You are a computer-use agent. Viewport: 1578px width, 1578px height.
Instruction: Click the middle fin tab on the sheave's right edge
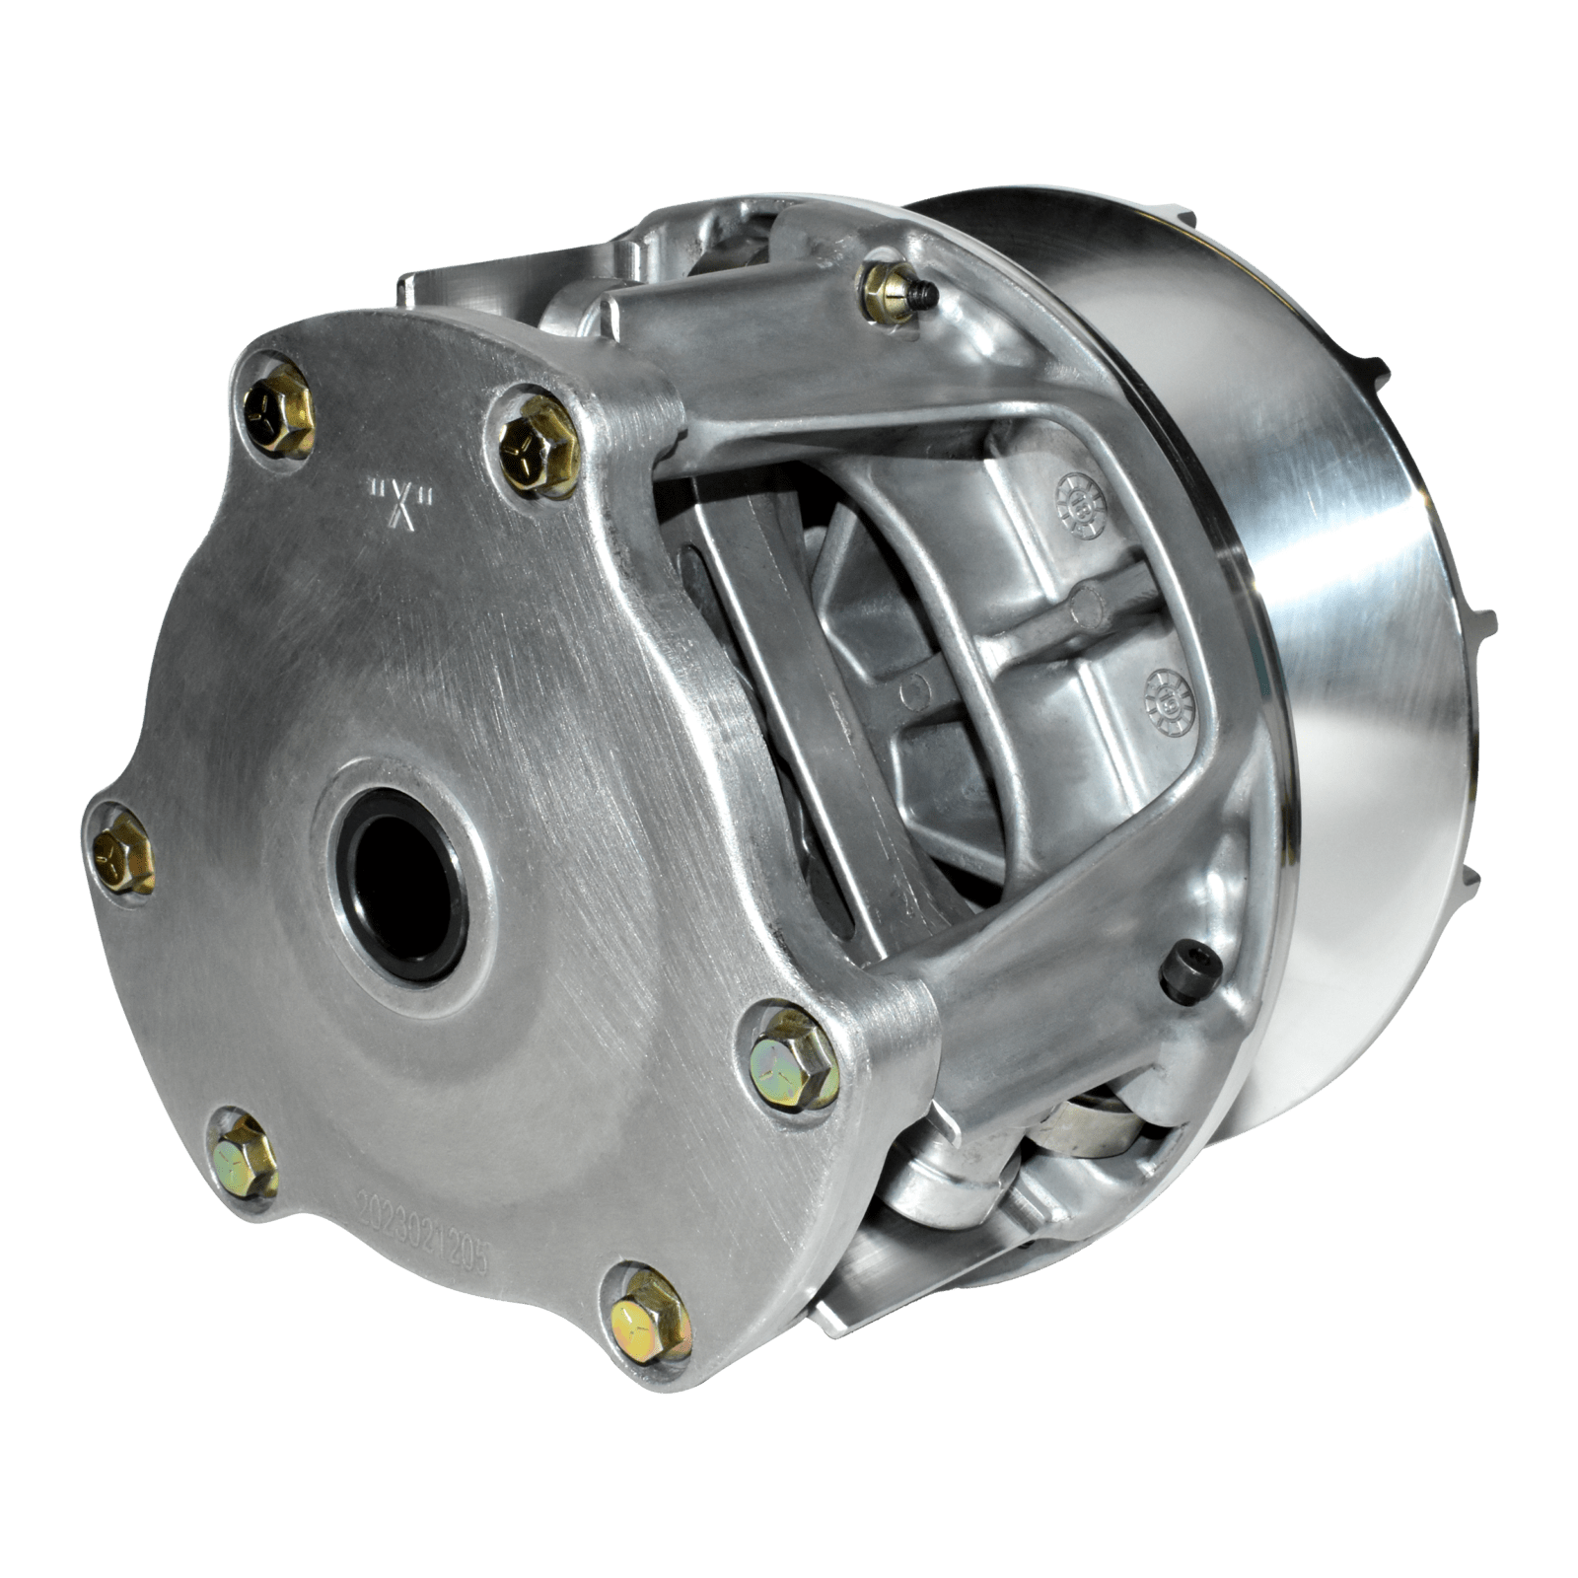[x=1484, y=621]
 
